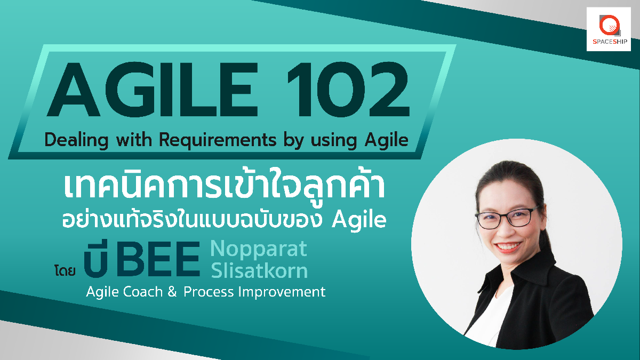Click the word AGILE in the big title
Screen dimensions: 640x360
(153, 89)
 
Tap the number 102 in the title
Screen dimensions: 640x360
(349, 89)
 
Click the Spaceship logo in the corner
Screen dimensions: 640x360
(609, 29)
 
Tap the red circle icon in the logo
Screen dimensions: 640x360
(609, 25)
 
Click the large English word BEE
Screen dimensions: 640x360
(158, 259)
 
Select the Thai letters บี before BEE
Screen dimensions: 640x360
(96, 258)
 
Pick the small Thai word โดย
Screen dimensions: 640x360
(65, 270)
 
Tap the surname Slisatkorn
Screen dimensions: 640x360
(259, 270)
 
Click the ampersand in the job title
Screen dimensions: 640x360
(172, 292)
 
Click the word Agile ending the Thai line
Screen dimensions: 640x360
(359, 220)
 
